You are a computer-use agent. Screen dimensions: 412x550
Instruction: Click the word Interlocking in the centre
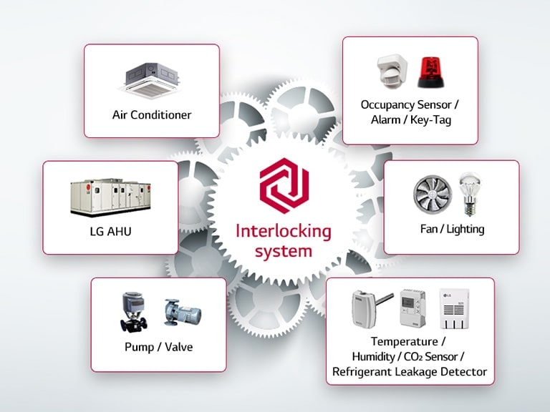pyautogui.click(x=284, y=232)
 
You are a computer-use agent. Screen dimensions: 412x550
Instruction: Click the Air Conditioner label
pyautogui.click(x=152, y=114)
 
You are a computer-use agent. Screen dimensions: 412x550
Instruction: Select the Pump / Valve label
pyautogui.click(x=158, y=348)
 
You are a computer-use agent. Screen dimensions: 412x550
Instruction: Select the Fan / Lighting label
pyautogui.click(x=452, y=229)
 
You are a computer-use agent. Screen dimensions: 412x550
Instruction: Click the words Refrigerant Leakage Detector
pyautogui.click(x=409, y=371)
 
